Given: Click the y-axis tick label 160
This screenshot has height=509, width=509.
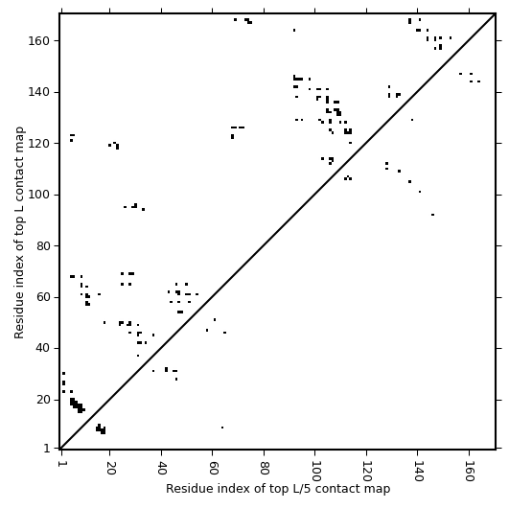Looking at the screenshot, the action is pyautogui.click(x=38, y=41).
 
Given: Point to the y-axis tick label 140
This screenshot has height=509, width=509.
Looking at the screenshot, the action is pyautogui.click(x=38, y=93).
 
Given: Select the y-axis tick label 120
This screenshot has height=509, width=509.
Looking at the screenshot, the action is pyautogui.click(x=38, y=144).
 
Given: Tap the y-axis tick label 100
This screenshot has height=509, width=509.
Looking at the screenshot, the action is pyautogui.click(x=38, y=195).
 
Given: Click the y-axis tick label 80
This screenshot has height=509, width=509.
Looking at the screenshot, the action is pyautogui.click(x=42, y=246).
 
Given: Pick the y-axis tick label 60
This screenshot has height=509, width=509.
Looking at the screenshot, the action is pyautogui.click(x=42, y=297).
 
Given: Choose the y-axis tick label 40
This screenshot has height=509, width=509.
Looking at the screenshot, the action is pyautogui.click(x=42, y=348).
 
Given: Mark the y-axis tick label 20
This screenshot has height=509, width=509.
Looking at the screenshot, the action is pyautogui.click(x=42, y=400).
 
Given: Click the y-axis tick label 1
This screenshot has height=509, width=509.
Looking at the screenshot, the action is pyautogui.click(x=47, y=449).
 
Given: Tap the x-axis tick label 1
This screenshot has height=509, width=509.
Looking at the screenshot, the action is pyautogui.click(x=60, y=464).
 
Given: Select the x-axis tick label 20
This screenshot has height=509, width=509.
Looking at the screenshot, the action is pyautogui.click(x=110, y=468).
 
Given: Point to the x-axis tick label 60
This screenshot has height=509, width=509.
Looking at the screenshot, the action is pyautogui.click(x=213, y=468).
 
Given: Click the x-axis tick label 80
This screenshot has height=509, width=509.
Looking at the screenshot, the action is pyautogui.click(x=264, y=468).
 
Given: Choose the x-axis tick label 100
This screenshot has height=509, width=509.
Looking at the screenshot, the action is pyautogui.click(x=315, y=471).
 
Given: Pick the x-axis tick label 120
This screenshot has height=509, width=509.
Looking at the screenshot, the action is pyautogui.click(x=366, y=471).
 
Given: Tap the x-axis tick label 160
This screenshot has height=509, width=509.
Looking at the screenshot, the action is pyautogui.click(x=469, y=471).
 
